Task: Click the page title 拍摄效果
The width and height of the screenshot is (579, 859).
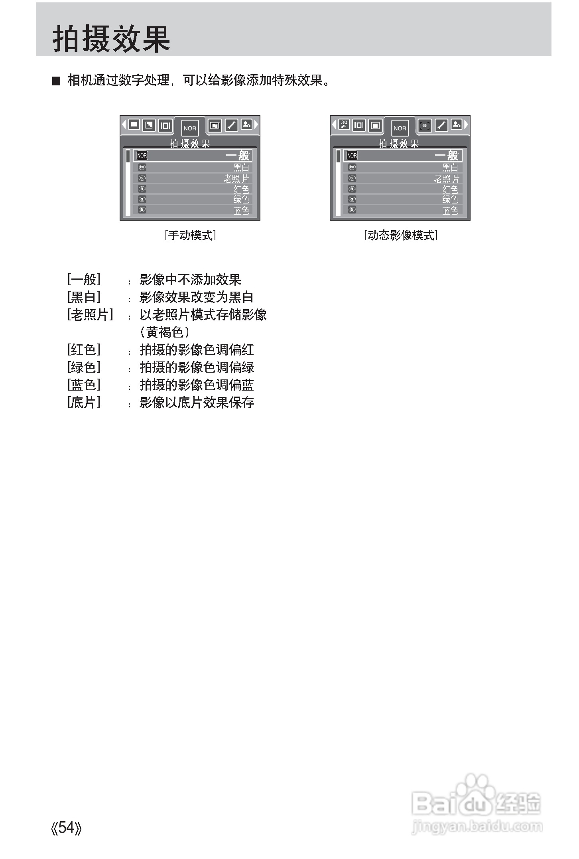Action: click(x=112, y=39)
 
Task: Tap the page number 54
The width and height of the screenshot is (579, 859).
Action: click(x=67, y=827)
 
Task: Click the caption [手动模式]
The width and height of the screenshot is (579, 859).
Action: click(x=190, y=235)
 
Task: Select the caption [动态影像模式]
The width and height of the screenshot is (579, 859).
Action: click(x=400, y=235)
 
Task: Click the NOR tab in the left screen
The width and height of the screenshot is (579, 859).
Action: click(x=190, y=128)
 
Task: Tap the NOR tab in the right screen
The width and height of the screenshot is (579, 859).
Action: click(x=400, y=128)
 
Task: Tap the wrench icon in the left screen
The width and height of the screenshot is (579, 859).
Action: click(x=231, y=125)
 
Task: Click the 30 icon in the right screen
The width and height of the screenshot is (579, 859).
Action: click(x=344, y=125)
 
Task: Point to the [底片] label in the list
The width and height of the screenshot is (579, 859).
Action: click(x=84, y=402)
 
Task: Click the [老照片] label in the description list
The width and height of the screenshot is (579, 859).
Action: click(x=90, y=315)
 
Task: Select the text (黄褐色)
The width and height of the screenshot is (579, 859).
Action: click(x=164, y=332)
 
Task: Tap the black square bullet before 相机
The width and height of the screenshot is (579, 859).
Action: click(x=56, y=81)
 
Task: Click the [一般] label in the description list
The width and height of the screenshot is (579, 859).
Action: click(x=84, y=279)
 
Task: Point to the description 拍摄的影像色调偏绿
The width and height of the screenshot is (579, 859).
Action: click(x=197, y=367)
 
